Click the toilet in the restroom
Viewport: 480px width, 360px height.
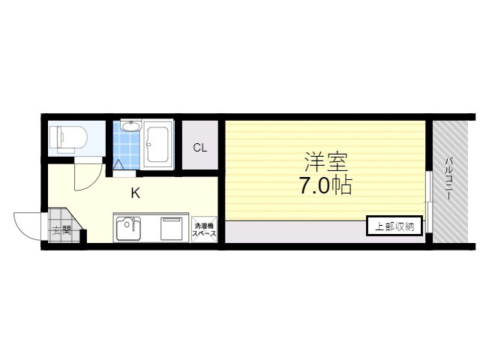point(68,139)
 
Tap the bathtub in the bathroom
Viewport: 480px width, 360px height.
point(157,145)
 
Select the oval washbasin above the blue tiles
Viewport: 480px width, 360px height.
point(130,125)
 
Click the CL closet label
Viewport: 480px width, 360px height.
point(200,148)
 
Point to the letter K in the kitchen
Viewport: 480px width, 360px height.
point(136,193)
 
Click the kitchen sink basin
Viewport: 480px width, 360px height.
point(128,228)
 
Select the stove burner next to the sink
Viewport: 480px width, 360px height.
point(172,228)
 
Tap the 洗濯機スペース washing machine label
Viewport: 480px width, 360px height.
point(205,230)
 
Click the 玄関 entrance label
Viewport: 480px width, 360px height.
point(61,230)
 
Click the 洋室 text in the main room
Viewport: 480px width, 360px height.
point(325,162)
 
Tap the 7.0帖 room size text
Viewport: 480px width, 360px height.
point(325,185)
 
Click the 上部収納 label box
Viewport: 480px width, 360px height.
point(394,226)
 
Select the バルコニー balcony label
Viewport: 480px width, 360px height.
point(448,179)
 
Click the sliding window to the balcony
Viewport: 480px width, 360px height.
point(429,202)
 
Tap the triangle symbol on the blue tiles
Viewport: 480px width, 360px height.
point(118,165)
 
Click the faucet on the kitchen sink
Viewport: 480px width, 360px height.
point(132,223)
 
